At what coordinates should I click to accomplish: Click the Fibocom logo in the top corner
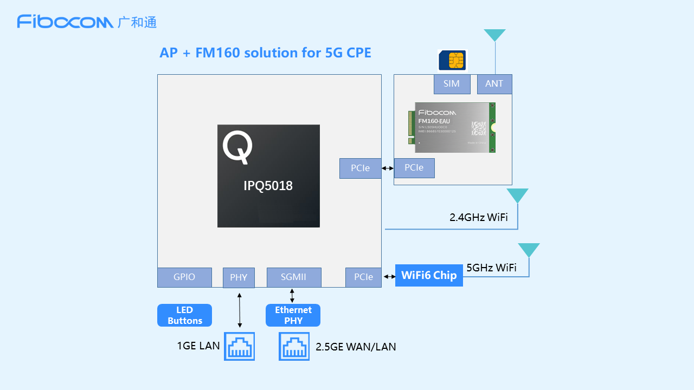[87, 22]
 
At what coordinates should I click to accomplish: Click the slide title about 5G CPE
[265, 53]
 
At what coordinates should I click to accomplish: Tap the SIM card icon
[452, 60]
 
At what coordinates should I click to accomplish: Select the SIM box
[452, 84]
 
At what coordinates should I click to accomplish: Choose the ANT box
[494, 84]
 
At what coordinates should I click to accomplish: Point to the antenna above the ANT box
[494, 36]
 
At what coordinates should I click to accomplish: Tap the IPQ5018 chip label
[268, 186]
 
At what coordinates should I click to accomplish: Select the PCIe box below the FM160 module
[414, 168]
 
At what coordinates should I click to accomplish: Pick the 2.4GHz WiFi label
[478, 218]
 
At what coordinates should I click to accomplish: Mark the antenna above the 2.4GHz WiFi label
[517, 196]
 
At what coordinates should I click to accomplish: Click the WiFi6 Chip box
[429, 275]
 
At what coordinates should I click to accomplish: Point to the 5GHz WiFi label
[491, 268]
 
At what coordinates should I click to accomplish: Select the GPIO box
[184, 277]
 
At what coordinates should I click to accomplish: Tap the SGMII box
[293, 277]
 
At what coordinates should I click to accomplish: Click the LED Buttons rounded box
[184, 315]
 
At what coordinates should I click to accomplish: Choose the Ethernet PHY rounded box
[293, 315]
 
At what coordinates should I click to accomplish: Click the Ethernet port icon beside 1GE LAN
[240, 347]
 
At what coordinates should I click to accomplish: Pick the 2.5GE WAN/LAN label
[356, 347]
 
